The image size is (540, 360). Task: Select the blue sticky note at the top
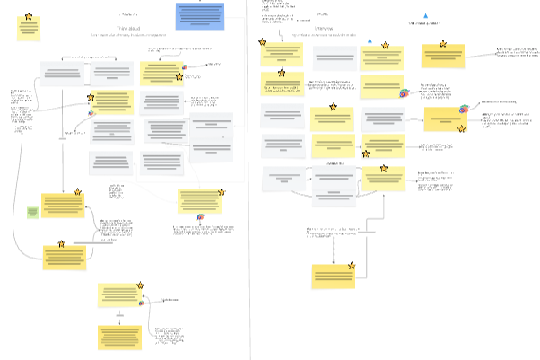click(x=199, y=15)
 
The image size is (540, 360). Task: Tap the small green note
click(x=32, y=212)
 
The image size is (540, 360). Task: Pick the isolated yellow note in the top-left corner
click(x=29, y=28)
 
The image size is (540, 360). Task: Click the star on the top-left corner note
click(x=29, y=16)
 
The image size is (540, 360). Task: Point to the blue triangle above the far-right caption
click(x=425, y=15)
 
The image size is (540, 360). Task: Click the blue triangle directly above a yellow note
click(x=370, y=41)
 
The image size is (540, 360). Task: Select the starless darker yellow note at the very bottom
click(x=120, y=338)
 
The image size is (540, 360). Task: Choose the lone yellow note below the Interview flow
click(x=334, y=276)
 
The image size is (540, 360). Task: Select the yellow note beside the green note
click(x=63, y=206)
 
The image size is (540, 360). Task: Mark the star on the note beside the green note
click(x=78, y=192)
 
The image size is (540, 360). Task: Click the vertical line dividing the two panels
click(x=248, y=180)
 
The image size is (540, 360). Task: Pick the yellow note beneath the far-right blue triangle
click(x=443, y=56)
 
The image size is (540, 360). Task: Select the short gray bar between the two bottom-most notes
click(x=119, y=316)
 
